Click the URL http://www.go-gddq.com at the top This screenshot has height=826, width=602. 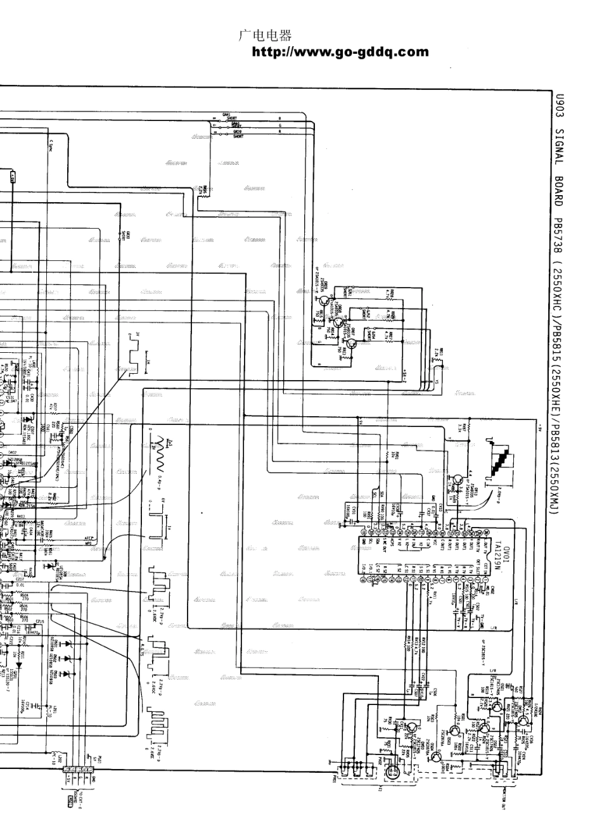340,53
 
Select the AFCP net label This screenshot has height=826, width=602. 89,540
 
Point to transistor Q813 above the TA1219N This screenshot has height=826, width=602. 456,485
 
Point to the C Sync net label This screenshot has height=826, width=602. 51,149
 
